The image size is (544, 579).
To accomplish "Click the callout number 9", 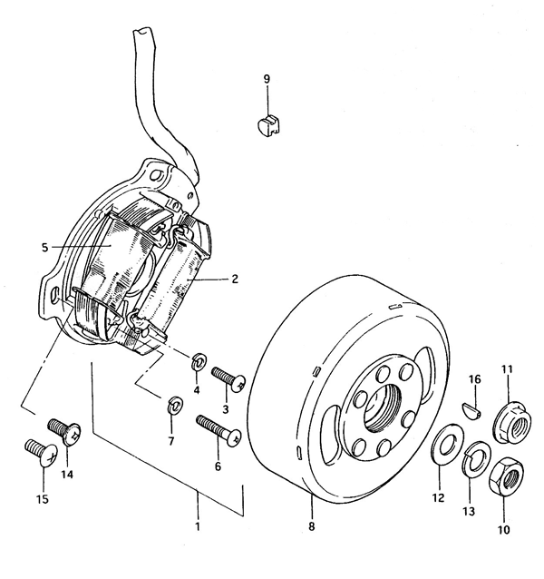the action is [x=267, y=79].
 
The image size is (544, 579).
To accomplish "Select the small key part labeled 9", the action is [x=268, y=125].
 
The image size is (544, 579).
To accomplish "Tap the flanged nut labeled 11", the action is [x=511, y=422].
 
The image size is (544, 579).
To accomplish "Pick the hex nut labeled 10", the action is [x=506, y=477].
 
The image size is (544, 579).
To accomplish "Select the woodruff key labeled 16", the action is [x=471, y=410].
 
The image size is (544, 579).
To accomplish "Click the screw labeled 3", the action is [x=228, y=378].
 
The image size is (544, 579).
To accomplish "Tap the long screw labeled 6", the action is [x=219, y=430].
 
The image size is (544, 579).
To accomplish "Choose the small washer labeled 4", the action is [x=199, y=363].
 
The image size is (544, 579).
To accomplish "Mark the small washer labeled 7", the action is [x=174, y=405].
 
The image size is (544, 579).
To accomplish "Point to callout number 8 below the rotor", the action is [x=312, y=526].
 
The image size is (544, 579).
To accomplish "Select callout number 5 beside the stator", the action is [x=44, y=247].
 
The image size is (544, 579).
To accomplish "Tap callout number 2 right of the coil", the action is [x=235, y=279].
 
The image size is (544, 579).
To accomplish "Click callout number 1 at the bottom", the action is [x=198, y=525].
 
